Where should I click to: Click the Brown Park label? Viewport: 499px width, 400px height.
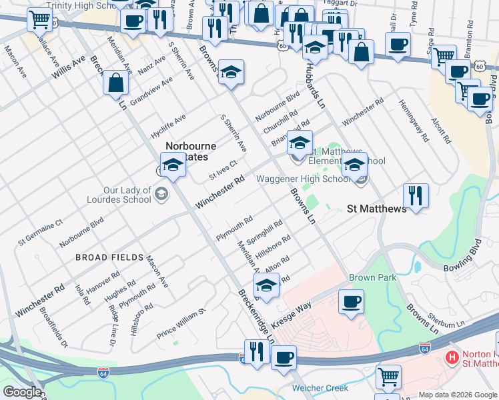pos(372,277)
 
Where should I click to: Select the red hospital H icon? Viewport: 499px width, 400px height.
pos(452,358)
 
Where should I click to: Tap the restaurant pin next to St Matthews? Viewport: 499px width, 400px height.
pos(415,196)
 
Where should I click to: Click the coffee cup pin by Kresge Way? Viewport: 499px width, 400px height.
pos(351,302)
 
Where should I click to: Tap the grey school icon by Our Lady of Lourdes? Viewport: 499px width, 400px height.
pos(161,194)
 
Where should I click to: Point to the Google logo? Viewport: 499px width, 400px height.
pos(22,392)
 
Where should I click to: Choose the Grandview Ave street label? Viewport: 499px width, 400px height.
pos(151,91)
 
